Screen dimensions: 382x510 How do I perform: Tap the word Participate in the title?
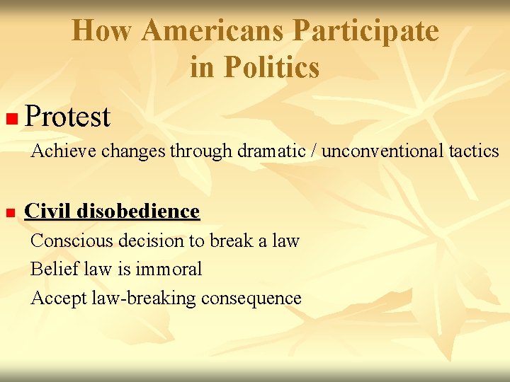tap(366, 30)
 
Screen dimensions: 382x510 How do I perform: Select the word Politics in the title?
tap(272, 67)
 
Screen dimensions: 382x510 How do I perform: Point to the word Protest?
tap(67, 117)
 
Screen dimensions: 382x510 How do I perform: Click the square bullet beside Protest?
tap(9, 117)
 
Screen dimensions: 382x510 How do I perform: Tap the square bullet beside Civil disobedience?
tap(9, 212)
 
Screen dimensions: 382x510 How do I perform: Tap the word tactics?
tap(475, 151)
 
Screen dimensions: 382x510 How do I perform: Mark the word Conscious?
tap(72, 241)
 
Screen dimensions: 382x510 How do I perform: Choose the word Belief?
tap(50, 270)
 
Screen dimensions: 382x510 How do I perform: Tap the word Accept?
tap(59, 299)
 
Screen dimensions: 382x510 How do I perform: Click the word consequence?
tap(251, 299)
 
